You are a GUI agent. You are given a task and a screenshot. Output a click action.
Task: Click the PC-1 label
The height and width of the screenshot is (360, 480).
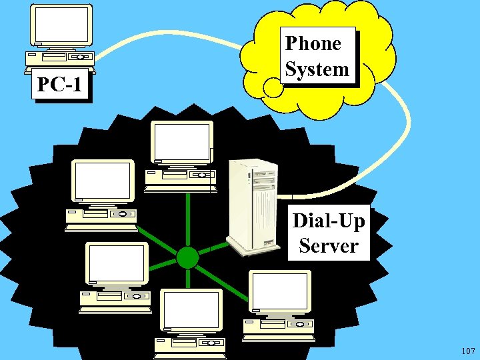(61, 85)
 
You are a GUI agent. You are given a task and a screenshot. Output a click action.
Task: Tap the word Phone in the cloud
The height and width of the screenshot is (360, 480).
(313, 44)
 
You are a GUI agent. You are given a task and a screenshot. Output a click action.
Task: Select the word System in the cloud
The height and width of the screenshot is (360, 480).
(317, 69)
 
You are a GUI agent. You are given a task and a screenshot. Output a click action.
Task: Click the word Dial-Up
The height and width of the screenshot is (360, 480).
(329, 220)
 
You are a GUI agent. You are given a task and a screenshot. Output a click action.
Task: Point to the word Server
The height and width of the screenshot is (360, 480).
(329, 245)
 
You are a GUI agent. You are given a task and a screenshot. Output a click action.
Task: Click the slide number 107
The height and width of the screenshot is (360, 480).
(467, 351)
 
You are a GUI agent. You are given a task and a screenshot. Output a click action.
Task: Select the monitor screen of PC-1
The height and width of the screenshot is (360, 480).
(61, 25)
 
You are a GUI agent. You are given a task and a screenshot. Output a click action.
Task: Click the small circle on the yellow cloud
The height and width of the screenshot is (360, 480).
(272, 87)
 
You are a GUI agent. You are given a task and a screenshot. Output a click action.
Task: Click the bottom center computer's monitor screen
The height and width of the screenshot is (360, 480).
(192, 311)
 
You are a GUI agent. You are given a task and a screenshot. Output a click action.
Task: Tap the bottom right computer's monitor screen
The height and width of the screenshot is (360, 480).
(279, 291)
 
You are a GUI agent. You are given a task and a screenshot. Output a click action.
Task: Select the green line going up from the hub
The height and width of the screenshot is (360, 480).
(189, 220)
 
